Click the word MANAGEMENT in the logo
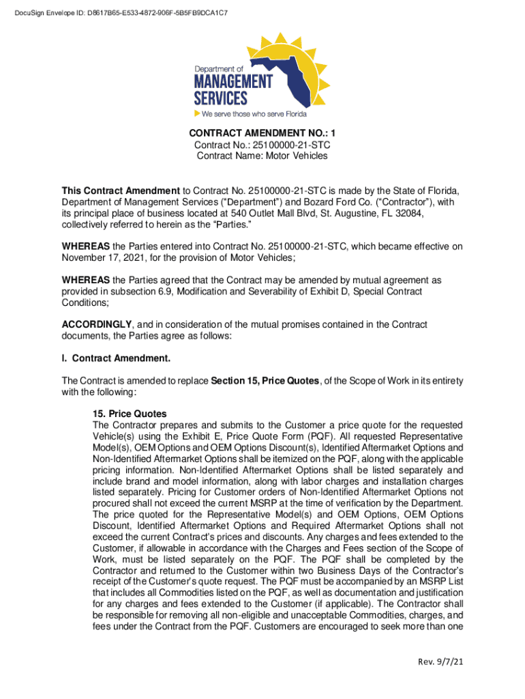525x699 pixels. click(x=233, y=81)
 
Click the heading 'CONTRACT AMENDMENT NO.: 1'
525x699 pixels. click(x=262, y=133)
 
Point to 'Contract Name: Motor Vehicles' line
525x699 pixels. click(x=262, y=156)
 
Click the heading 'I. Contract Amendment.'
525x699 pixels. click(x=116, y=358)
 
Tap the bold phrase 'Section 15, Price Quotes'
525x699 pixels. click(x=265, y=380)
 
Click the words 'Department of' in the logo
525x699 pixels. click(x=219, y=69)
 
